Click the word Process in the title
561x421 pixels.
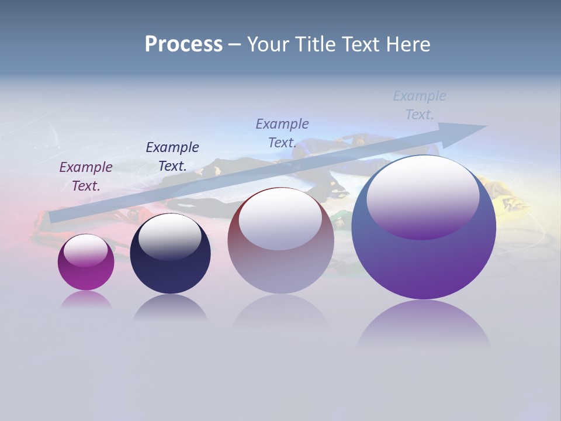(x=183, y=44)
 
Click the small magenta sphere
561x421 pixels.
(x=86, y=275)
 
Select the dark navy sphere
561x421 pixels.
(x=170, y=269)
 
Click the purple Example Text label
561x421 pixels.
(x=86, y=177)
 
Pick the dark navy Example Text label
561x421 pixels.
(x=172, y=156)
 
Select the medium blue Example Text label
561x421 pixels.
(x=282, y=133)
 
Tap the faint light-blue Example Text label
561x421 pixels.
(x=420, y=105)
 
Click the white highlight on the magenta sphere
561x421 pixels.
(x=86, y=250)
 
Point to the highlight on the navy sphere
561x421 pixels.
(x=169, y=237)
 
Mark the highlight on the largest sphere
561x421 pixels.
(x=423, y=196)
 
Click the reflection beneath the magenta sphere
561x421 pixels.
(x=86, y=301)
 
